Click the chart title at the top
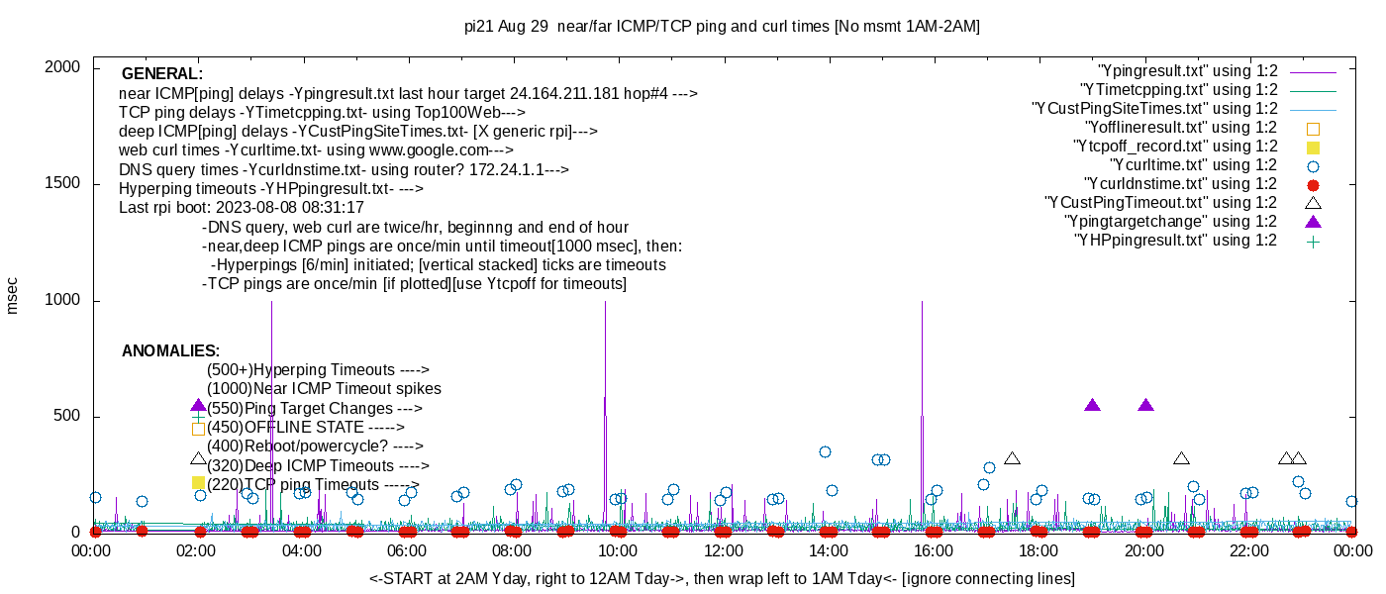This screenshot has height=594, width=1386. [x=722, y=27]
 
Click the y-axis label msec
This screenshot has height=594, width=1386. [x=12, y=295]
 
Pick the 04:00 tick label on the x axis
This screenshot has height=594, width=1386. [x=302, y=551]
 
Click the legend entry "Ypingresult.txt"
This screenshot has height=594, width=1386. [x=1188, y=71]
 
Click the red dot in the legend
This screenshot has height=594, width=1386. [x=1314, y=184]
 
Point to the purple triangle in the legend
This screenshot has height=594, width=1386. [x=1314, y=222]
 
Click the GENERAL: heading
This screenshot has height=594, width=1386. [x=162, y=74]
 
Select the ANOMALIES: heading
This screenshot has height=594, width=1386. [x=170, y=351]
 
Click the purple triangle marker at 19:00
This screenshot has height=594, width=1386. [x=1092, y=405]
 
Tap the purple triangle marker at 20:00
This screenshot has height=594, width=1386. [x=1145, y=405]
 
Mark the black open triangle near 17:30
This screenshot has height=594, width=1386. [x=1012, y=458]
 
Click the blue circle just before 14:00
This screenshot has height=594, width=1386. [x=825, y=452]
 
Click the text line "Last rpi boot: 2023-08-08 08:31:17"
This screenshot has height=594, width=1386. [x=242, y=208]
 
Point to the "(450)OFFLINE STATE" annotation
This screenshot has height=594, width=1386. [x=306, y=428]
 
